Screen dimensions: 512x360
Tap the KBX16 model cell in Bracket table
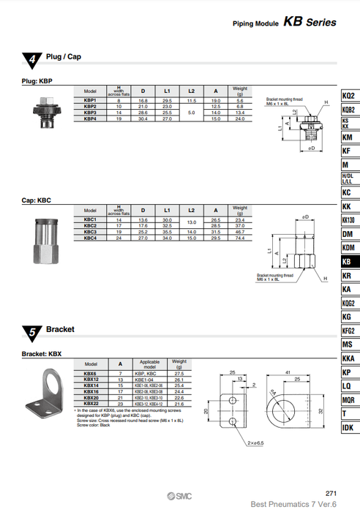(91, 391)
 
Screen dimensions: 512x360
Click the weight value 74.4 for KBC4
(239, 238)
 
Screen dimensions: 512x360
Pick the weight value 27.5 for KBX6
(179, 374)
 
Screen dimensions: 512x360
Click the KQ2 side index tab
(348, 96)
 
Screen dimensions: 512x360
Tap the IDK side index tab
(348, 427)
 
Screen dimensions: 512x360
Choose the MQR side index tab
(348, 400)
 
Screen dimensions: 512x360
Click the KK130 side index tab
(348, 220)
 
